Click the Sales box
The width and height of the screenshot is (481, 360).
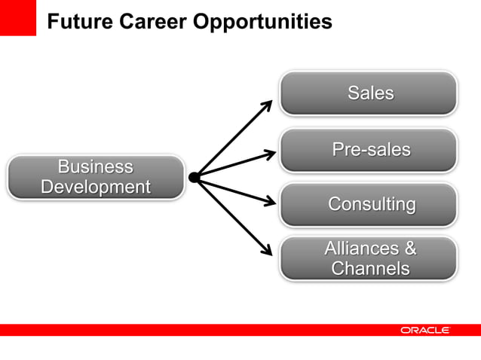click(x=369, y=93)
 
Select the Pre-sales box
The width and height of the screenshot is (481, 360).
click(x=369, y=150)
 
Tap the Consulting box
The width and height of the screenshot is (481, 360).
click(x=369, y=205)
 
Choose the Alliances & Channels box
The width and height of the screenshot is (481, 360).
click(x=369, y=258)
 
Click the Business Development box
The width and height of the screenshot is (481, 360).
click(x=96, y=177)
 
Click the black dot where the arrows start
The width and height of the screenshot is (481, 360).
click(x=194, y=177)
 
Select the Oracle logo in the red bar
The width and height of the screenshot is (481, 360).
click(x=425, y=331)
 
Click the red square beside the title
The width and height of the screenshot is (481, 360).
click(x=17, y=17)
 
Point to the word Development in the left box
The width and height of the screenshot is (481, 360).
click(x=96, y=187)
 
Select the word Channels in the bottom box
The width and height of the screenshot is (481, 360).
click(x=370, y=268)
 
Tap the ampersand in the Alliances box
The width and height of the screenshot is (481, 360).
click(x=409, y=249)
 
